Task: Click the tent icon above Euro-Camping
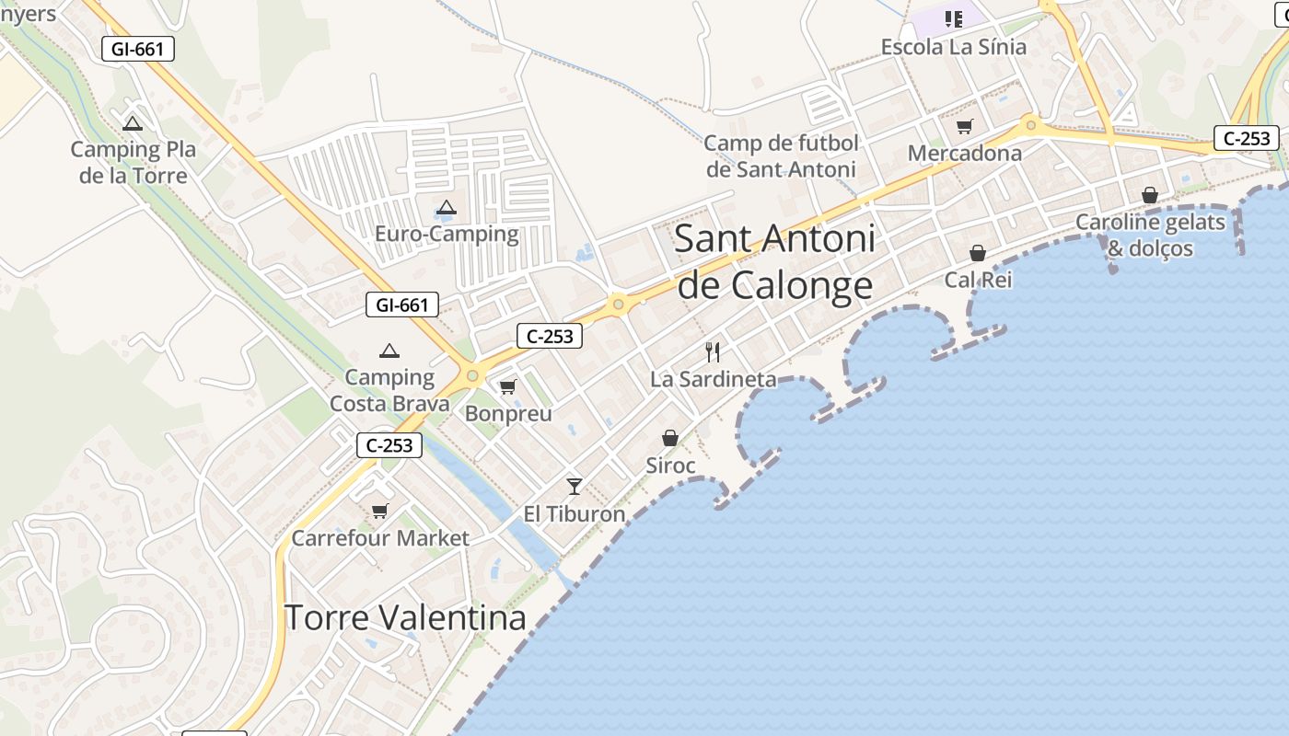[447, 208]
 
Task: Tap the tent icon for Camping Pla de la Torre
[133, 123]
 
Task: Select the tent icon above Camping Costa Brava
[389, 351]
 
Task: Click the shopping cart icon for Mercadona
[964, 127]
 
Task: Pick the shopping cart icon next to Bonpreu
[507, 386]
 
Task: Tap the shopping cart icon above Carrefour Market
[379, 511]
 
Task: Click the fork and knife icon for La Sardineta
[713, 351]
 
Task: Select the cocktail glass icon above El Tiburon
[575, 486]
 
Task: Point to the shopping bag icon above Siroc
[670, 438]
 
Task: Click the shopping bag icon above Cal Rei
[978, 252]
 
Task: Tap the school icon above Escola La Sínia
[954, 18]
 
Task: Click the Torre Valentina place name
[405, 617]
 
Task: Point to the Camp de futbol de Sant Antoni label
[781, 156]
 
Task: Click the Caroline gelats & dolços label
[1151, 236]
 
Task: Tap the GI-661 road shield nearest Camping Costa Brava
[402, 305]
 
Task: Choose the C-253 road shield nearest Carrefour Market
[389, 445]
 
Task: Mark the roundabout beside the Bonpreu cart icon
[472, 375]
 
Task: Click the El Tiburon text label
[575, 514]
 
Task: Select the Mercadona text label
[965, 154]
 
